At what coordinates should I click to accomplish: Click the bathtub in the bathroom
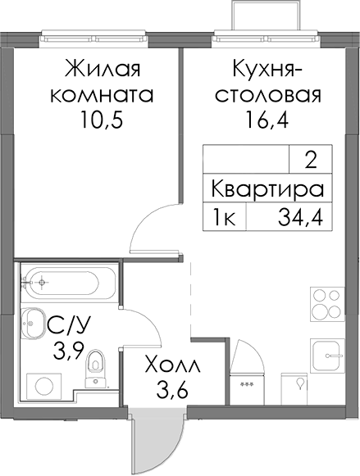click(68, 282)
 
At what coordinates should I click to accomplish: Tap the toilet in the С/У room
click(95, 368)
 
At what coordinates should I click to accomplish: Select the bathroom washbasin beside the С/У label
click(33, 324)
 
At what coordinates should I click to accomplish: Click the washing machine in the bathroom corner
click(44, 387)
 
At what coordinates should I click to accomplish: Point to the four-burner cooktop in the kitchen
click(327, 304)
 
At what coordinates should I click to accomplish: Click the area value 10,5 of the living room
click(102, 120)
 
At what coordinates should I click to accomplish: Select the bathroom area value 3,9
click(68, 351)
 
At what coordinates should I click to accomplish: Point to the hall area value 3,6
click(172, 389)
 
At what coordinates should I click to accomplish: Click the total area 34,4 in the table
click(300, 217)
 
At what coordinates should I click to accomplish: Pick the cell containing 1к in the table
click(225, 217)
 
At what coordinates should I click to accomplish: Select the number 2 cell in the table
click(311, 160)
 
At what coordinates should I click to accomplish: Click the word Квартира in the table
click(267, 188)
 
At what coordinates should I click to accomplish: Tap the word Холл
click(172, 365)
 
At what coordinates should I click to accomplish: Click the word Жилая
click(102, 68)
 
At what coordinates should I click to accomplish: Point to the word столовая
click(268, 95)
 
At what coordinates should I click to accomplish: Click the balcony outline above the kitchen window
click(267, 16)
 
